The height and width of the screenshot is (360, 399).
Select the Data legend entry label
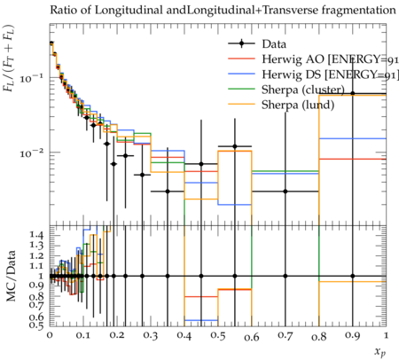(x=274, y=44)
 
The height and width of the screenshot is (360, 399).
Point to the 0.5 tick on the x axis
(x=218, y=336)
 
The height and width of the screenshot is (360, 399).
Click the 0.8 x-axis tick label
(x=319, y=336)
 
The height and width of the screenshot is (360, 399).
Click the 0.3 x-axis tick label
(x=151, y=336)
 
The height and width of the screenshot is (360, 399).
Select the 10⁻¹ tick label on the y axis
(x=32, y=78)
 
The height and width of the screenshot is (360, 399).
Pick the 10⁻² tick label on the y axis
(x=32, y=153)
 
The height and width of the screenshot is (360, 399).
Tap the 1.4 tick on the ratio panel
(x=37, y=235)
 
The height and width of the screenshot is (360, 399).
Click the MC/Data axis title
(x=11, y=276)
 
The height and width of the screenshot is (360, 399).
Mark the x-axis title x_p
(x=380, y=352)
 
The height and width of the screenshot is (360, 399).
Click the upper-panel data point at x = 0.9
(x=352, y=93)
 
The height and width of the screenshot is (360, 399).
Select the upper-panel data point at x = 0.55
(x=235, y=146)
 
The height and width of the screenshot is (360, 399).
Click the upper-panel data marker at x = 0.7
(x=286, y=192)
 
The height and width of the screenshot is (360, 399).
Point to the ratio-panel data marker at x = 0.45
(x=201, y=276)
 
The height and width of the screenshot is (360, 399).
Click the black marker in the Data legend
(x=241, y=44)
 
